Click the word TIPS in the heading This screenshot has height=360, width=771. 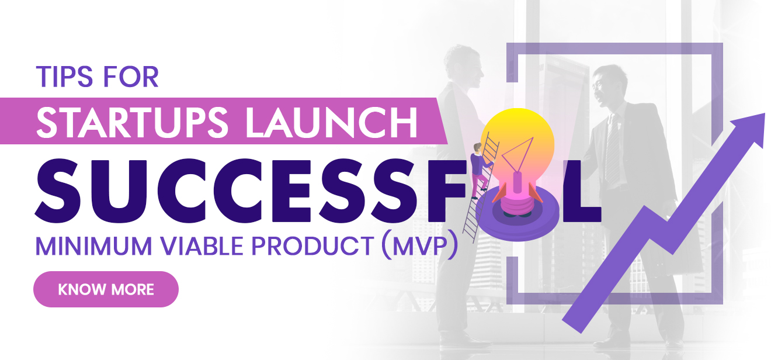pyautogui.click(x=64, y=77)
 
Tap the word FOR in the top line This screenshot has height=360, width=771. pyautogui.click(x=131, y=77)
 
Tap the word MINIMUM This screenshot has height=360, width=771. pyautogui.click(x=93, y=246)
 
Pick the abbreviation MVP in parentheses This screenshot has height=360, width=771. pyautogui.click(x=419, y=246)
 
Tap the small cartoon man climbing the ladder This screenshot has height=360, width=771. pyautogui.click(x=481, y=171)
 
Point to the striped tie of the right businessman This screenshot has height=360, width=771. pyautogui.click(x=612, y=149)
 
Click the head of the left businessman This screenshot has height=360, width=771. pyautogui.click(x=463, y=67)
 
